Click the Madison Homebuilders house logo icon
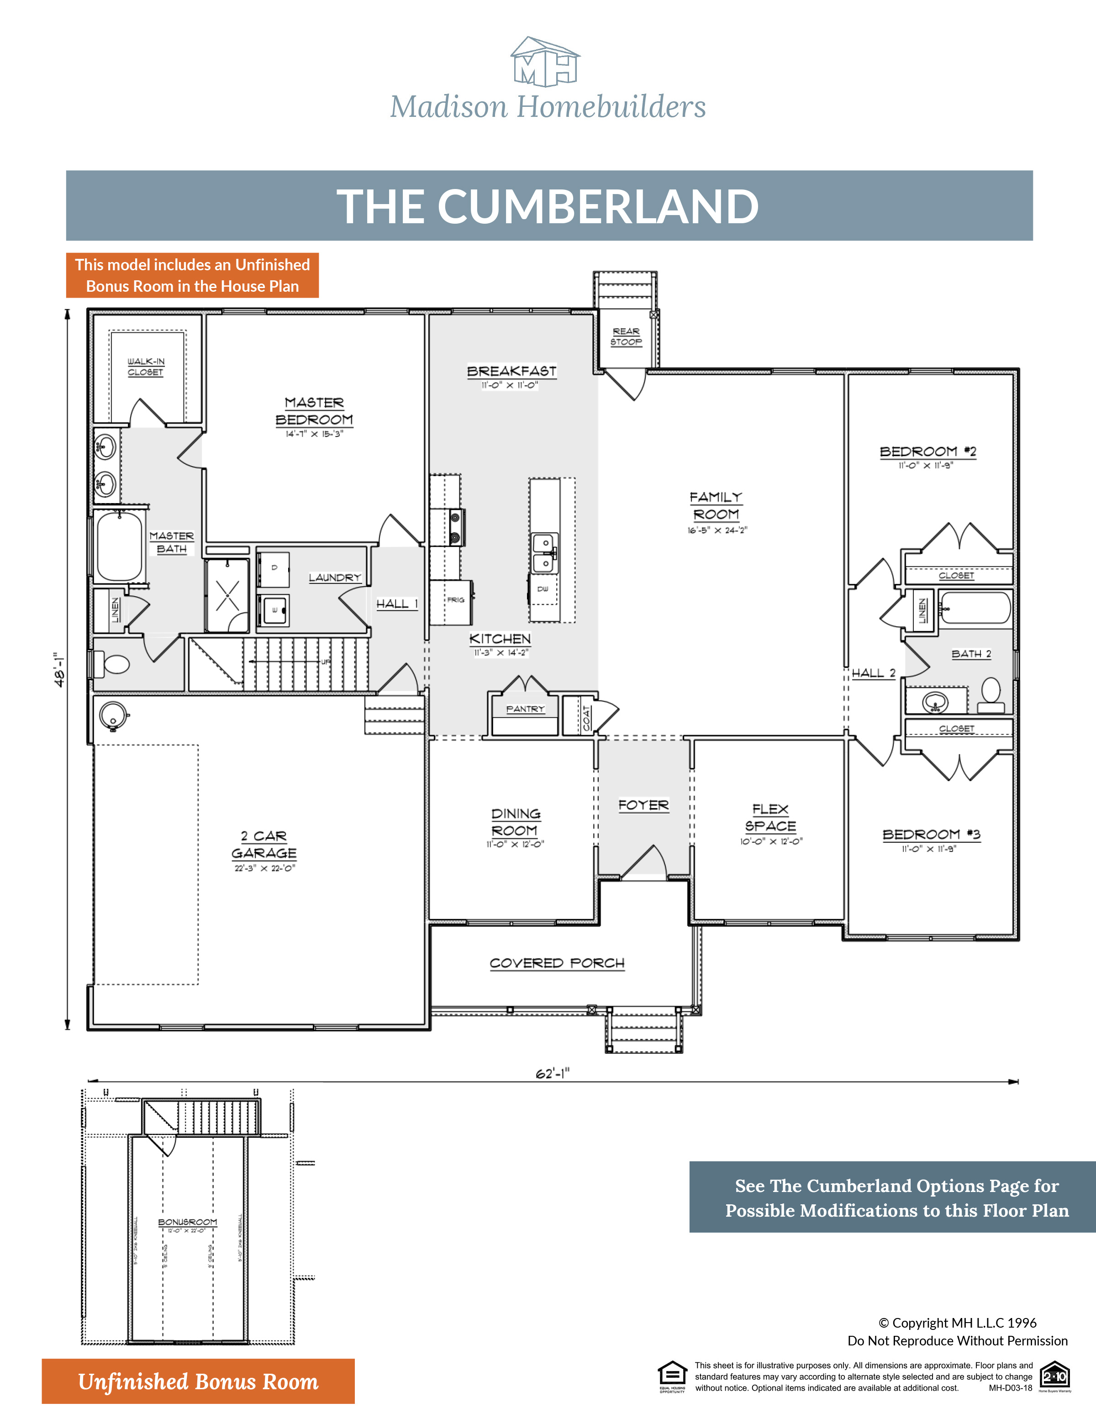pyautogui.click(x=545, y=62)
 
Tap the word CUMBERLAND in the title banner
pyautogui.click(x=597, y=206)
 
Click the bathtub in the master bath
pyautogui.click(x=119, y=546)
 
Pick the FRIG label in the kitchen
pyautogui.click(x=455, y=600)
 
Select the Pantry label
pyautogui.click(x=525, y=709)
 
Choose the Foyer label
pyautogui.click(x=643, y=805)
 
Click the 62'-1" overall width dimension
pyautogui.click(x=552, y=1073)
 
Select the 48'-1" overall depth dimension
pyautogui.click(x=60, y=669)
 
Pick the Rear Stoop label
pyautogui.click(x=626, y=336)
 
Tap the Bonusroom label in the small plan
pyautogui.click(x=188, y=1222)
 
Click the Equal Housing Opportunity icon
pyautogui.click(x=672, y=1375)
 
